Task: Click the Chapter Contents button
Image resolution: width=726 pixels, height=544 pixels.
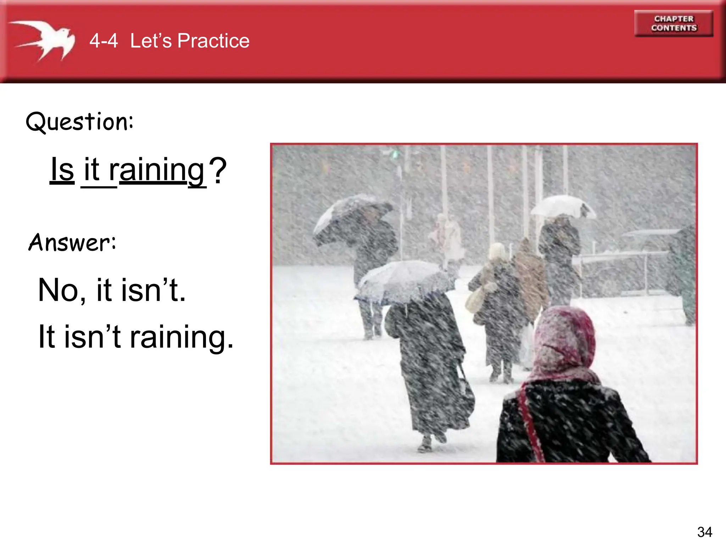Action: (x=674, y=23)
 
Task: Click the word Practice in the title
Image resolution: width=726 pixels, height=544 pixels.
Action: (x=213, y=41)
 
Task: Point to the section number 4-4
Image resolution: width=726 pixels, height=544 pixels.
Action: (x=104, y=41)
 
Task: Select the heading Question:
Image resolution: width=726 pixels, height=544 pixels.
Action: (x=80, y=121)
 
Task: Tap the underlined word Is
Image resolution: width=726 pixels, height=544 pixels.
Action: (x=62, y=170)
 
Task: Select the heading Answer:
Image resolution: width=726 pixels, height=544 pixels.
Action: (x=72, y=243)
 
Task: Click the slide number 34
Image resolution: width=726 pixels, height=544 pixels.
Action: (x=704, y=532)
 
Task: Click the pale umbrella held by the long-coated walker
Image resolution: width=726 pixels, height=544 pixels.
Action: (x=404, y=282)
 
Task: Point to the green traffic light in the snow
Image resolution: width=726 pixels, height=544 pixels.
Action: (x=395, y=154)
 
